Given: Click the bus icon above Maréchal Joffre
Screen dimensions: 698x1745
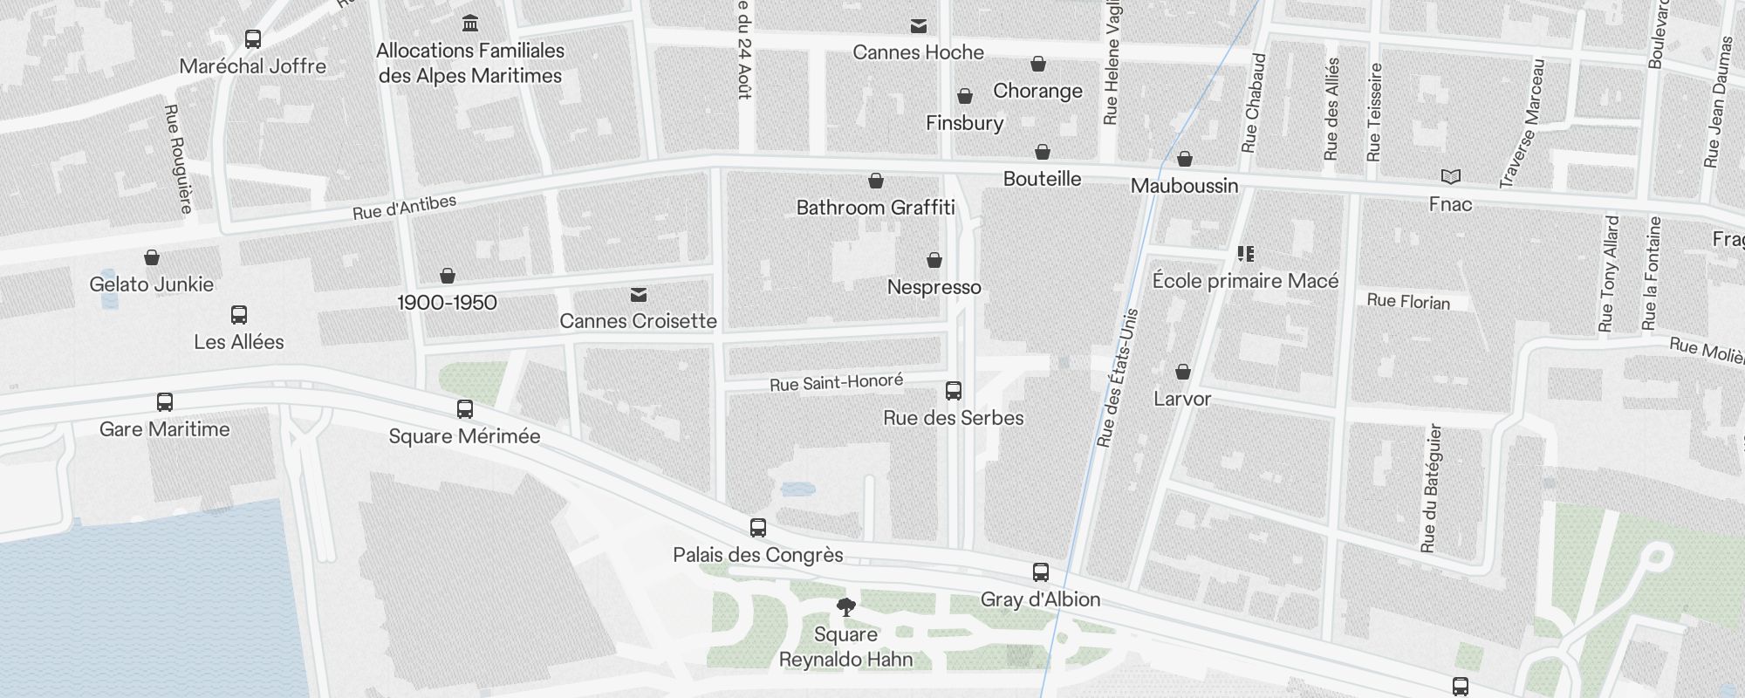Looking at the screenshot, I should tap(253, 39).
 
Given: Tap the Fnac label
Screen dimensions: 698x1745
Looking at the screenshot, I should tap(1450, 204).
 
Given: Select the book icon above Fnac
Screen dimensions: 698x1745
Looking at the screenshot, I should tap(1450, 177).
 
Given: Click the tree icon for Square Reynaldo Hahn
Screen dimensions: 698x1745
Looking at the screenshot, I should tap(845, 607).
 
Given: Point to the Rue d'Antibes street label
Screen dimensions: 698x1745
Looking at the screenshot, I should tap(404, 208).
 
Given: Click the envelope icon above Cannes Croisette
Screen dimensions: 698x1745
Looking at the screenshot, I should tap(639, 295).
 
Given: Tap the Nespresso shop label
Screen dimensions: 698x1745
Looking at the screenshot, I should tap(934, 287).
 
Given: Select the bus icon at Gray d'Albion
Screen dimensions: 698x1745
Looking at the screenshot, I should tap(1040, 572).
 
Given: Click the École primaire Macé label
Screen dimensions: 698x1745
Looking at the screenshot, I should tap(1245, 281).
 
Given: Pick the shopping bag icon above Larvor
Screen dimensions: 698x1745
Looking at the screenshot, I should tap(1183, 373).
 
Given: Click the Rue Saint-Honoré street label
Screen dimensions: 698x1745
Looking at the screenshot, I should tap(836, 382).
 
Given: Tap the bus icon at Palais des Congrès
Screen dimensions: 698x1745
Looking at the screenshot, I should tap(758, 528).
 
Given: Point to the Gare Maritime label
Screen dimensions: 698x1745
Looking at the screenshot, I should tap(164, 429).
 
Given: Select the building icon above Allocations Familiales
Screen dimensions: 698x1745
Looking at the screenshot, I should tap(470, 23).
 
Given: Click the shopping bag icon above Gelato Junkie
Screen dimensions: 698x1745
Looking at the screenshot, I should tap(152, 257).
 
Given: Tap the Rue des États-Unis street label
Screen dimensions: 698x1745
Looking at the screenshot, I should tap(1117, 378).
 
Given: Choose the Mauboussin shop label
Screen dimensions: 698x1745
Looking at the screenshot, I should tap(1184, 186).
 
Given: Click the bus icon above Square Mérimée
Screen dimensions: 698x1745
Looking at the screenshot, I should tap(465, 409).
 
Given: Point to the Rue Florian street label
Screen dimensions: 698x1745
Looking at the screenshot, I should tap(1408, 301).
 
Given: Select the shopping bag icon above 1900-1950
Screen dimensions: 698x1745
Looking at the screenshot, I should tap(448, 277).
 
